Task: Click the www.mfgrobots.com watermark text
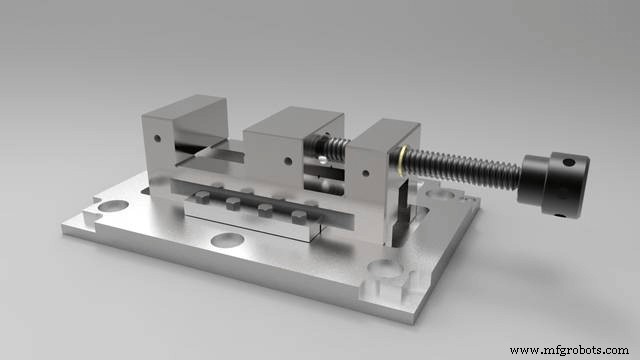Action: tap(570, 350)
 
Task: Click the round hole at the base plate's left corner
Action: tap(112, 204)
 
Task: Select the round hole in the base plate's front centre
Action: tap(227, 240)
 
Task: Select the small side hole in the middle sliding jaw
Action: tap(287, 160)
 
